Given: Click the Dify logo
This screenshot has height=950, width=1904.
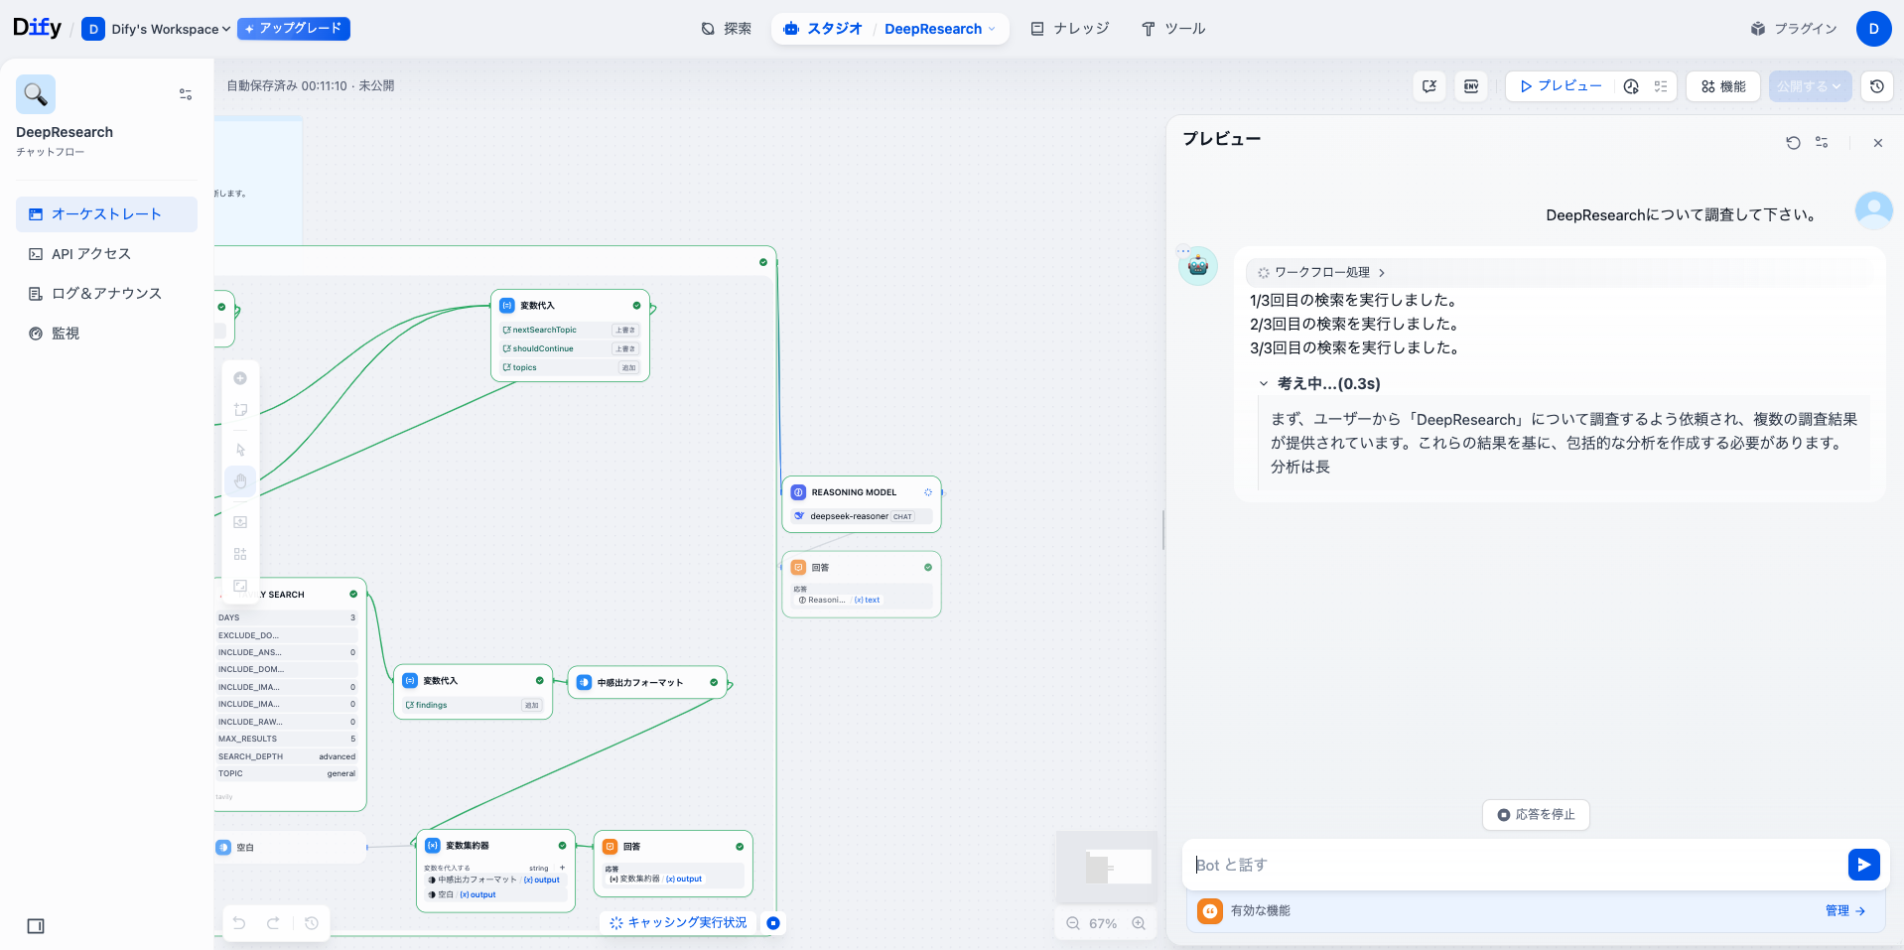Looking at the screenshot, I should click(37, 28).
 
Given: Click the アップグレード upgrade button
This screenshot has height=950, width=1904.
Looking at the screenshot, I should click(294, 29).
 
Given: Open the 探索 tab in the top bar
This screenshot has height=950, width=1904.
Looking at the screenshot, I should click(726, 29).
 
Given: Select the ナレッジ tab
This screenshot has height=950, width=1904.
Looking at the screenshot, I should click(1069, 29).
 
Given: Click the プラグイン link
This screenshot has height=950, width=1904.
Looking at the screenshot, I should click(1794, 29).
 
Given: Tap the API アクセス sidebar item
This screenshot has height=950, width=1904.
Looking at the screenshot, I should click(91, 254).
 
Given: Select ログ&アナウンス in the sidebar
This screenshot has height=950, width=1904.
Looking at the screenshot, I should click(106, 294).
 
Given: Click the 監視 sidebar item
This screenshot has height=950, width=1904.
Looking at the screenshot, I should click(66, 334).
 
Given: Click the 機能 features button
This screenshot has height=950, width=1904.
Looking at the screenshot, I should click(1723, 86).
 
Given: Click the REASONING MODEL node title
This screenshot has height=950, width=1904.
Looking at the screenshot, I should click(854, 492).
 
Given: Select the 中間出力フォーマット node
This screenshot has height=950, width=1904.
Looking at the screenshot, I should click(640, 683).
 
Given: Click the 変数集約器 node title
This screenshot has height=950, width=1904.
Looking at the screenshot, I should click(467, 846).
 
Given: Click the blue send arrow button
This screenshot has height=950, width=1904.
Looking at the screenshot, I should click(1863, 865).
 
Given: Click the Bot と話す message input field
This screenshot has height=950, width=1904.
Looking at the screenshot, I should click(1509, 865).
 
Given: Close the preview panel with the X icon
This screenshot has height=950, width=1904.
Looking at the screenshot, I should click(1877, 143).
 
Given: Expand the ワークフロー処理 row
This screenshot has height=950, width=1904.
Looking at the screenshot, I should click(1321, 272).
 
